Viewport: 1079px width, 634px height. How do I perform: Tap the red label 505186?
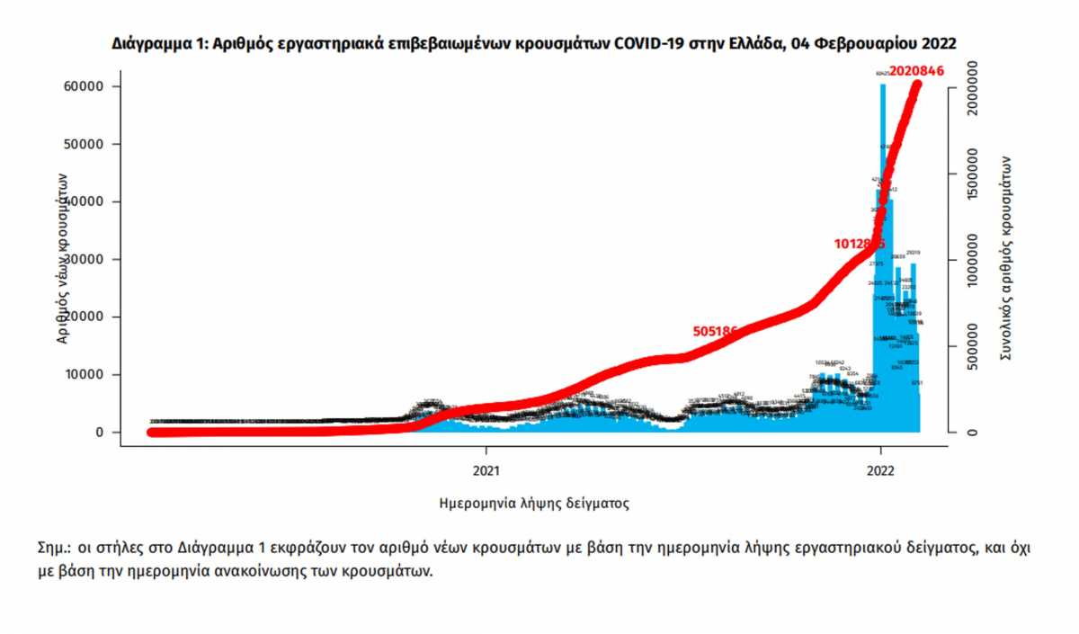click(716, 331)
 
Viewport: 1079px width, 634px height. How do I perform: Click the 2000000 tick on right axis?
click(971, 86)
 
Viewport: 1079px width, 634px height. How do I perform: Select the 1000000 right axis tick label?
click(971, 259)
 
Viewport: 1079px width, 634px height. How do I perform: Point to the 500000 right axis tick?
click(971, 347)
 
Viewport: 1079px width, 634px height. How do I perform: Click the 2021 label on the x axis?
click(486, 469)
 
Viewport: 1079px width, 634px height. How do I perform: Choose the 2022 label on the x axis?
click(880, 469)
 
